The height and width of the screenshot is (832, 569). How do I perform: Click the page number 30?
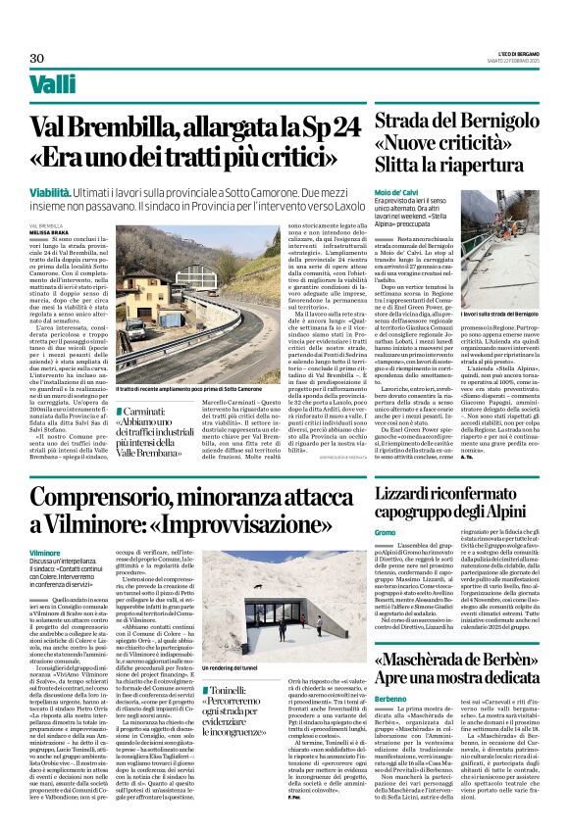pyautogui.click(x=36, y=58)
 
